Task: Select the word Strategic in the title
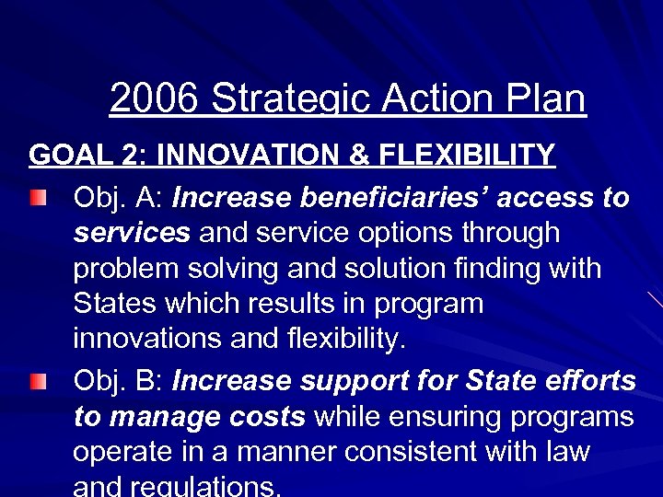tap(285, 98)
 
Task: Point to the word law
tap(566, 452)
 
